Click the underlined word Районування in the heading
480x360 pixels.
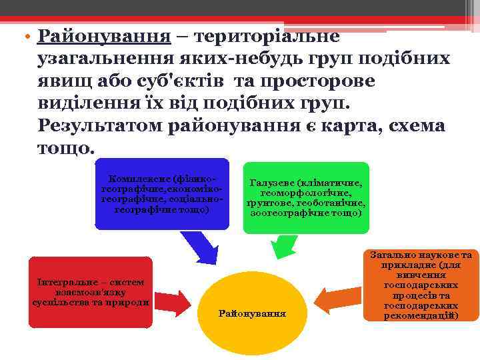coord(104,35)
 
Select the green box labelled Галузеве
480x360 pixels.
coord(305,198)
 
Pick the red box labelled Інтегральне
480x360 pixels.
coord(91,292)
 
